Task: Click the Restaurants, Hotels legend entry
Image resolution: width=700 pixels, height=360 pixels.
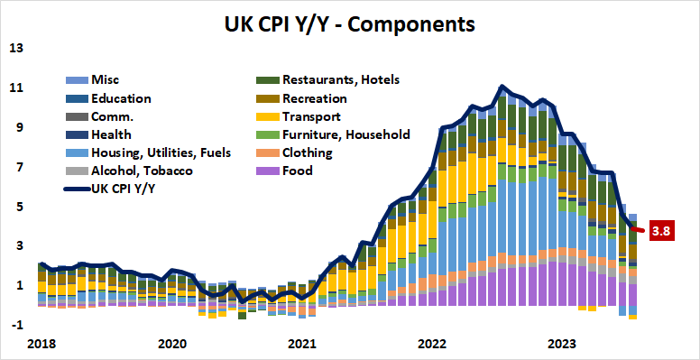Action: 340,80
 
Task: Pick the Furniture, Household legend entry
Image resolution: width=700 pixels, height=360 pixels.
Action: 345,134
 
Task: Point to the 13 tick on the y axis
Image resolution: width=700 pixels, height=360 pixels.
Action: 16,48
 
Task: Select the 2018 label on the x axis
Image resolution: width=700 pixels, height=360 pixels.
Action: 41,344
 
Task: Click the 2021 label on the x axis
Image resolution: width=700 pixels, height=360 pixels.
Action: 302,344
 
